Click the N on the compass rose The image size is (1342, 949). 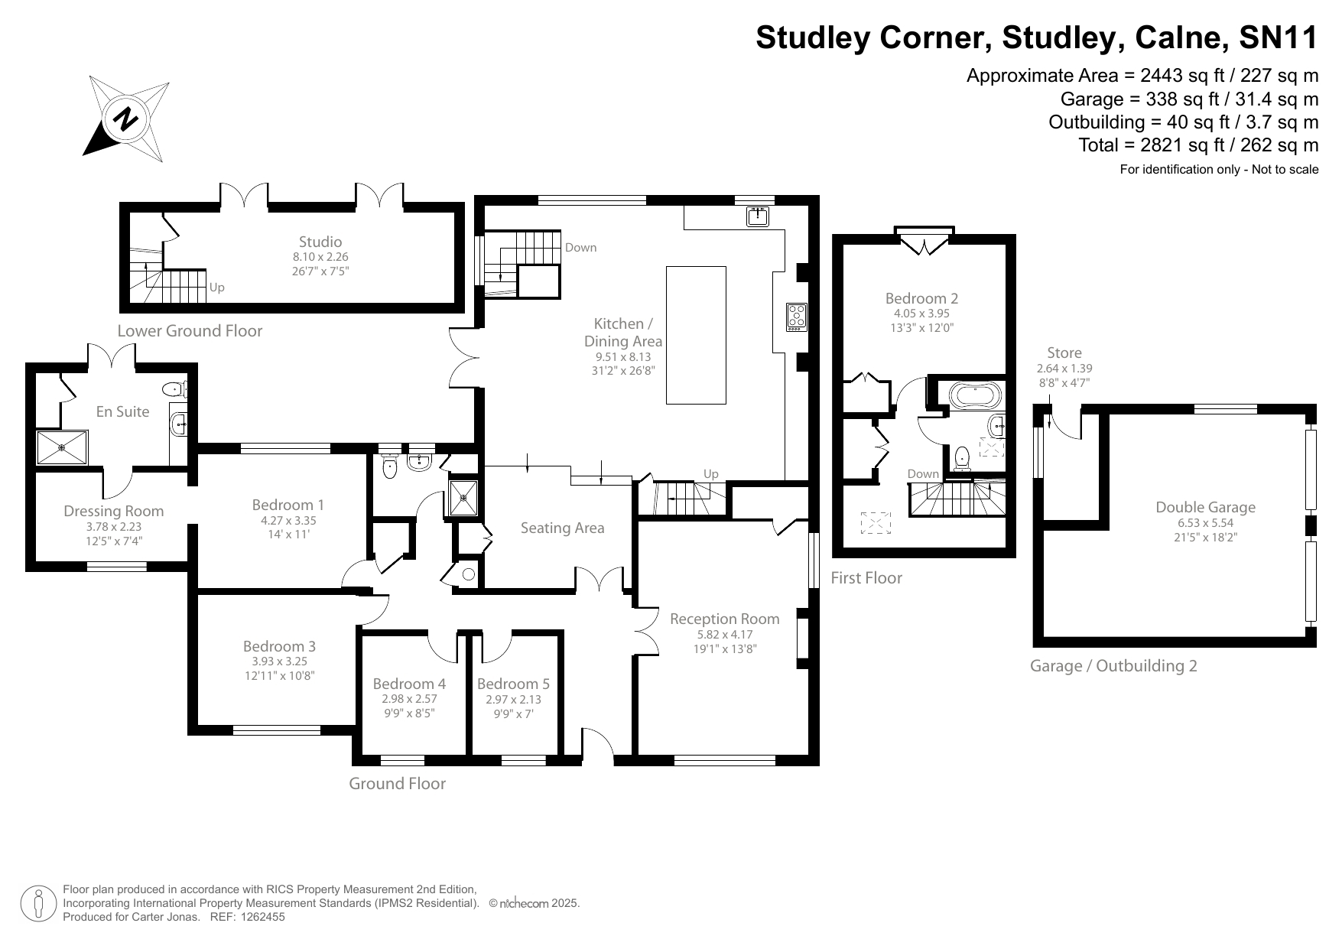(125, 119)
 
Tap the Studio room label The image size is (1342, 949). (320, 242)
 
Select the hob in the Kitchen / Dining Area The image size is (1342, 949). (797, 317)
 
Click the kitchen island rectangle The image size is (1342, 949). (696, 335)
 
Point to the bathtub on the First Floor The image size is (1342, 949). (974, 395)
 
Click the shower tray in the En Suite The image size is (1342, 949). (63, 448)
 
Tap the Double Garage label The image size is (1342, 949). (1205, 507)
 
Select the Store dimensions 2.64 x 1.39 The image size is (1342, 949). (1064, 369)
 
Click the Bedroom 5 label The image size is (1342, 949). (513, 684)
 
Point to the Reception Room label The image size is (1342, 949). (724, 619)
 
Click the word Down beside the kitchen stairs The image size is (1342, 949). (580, 248)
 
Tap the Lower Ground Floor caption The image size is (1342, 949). (190, 331)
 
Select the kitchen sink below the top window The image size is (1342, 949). (757, 216)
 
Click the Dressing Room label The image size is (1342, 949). (113, 511)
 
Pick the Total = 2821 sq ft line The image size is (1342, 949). (1197, 145)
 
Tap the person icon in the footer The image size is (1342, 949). (37, 904)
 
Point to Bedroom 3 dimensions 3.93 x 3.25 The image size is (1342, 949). (279, 661)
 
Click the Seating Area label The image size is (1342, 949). (562, 528)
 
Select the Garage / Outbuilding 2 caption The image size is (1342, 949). (1113, 666)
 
